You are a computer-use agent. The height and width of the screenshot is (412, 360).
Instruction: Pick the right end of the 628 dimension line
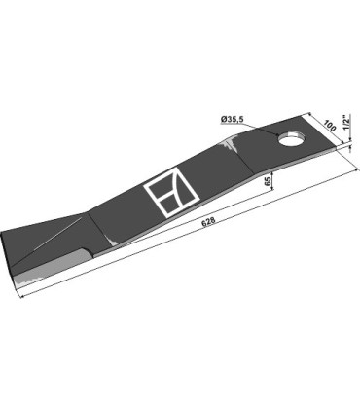click(x=344, y=147)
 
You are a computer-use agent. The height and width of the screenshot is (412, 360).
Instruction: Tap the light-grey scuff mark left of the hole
click(x=231, y=145)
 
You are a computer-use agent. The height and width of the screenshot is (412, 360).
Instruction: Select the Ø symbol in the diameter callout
click(x=224, y=119)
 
